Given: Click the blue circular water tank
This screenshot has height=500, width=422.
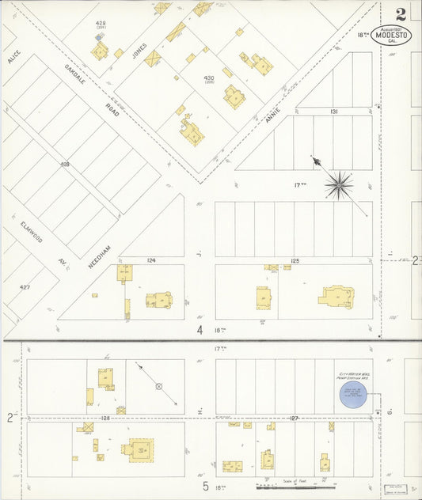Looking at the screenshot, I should coord(356,396).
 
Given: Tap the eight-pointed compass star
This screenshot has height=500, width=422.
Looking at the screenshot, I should coord(339,185).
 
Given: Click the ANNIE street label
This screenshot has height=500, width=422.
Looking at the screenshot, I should coord(273,116).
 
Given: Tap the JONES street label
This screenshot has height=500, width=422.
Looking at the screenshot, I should coord(139,53).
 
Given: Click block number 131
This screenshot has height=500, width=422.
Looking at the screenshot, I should coord(334,112).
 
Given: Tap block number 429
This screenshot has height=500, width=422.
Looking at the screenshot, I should coord(101,24).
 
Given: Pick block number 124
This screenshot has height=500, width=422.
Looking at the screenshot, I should coord(150,260).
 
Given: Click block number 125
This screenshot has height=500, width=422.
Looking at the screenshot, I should coord(295,260).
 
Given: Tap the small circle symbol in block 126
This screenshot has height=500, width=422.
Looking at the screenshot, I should coord(158,386).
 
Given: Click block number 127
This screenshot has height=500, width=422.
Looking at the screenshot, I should coord(295,418).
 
